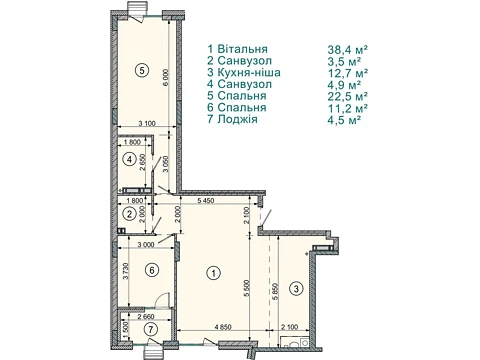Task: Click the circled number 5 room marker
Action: [x=142, y=70]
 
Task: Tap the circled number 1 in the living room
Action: [x=213, y=273]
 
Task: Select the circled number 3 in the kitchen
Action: [x=297, y=288]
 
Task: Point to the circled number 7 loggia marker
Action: [x=152, y=330]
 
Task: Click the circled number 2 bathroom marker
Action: [x=129, y=214]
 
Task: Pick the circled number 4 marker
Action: [x=129, y=160]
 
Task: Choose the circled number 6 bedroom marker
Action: [x=152, y=270]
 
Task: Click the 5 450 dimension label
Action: [x=206, y=201]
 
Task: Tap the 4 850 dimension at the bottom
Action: [x=223, y=327]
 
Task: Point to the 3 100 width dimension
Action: [x=147, y=123]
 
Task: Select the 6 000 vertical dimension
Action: [x=166, y=77]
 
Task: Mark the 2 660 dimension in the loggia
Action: [x=146, y=317]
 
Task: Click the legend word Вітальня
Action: [x=242, y=49]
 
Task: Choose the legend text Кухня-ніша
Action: [x=249, y=72]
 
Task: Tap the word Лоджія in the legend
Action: [x=237, y=119]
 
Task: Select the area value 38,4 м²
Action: [x=348, y=50]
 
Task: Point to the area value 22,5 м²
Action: [x=348, y=96]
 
